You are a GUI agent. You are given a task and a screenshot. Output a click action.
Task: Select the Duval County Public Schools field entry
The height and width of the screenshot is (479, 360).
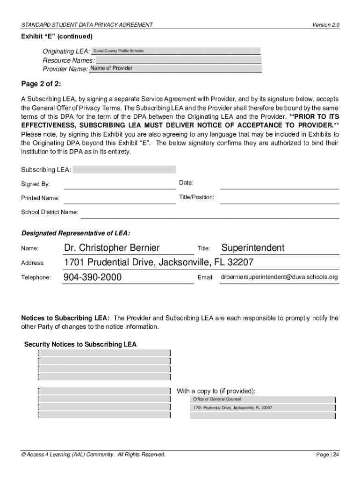click(118, 51)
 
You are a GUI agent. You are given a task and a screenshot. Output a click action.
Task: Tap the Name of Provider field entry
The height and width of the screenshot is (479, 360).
click(111, 68)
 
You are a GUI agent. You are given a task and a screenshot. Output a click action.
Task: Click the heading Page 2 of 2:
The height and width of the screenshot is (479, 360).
click(41, 84)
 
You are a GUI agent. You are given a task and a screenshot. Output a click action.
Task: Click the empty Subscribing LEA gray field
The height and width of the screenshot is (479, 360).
click(124, 169)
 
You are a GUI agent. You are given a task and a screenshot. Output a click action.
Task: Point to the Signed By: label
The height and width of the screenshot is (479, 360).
click(35, 184)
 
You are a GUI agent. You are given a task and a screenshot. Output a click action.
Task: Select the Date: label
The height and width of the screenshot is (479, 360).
click(186, 182)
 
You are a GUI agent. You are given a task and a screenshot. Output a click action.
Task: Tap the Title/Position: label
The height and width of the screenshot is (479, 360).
click(196, 197)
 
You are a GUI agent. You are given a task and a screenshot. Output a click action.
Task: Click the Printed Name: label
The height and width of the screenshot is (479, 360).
click(40, 198)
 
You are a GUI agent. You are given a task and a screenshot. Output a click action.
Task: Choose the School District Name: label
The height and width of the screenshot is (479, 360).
click(50, 212)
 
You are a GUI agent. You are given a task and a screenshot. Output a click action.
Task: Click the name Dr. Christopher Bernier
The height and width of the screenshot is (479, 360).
click(112, 248)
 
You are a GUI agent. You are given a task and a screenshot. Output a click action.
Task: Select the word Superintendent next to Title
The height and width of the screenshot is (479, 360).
click(252, 248)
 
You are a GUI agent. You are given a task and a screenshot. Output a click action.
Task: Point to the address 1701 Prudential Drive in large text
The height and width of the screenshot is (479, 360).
click(158, 262)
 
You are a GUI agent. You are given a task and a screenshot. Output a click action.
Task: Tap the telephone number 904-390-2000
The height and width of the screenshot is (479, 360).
click(93, 277)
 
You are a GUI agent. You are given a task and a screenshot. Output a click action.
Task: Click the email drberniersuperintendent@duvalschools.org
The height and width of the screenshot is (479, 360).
click(279, 277)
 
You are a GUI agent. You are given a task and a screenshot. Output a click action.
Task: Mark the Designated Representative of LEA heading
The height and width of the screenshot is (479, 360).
click(76, 233)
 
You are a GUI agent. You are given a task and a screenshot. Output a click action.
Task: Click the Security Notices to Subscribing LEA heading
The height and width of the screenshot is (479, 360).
click(80, 345)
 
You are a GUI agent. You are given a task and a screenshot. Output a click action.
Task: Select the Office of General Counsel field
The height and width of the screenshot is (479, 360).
click(217, 399)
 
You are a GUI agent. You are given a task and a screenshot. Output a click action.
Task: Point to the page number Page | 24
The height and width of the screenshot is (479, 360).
click(327, 455)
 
